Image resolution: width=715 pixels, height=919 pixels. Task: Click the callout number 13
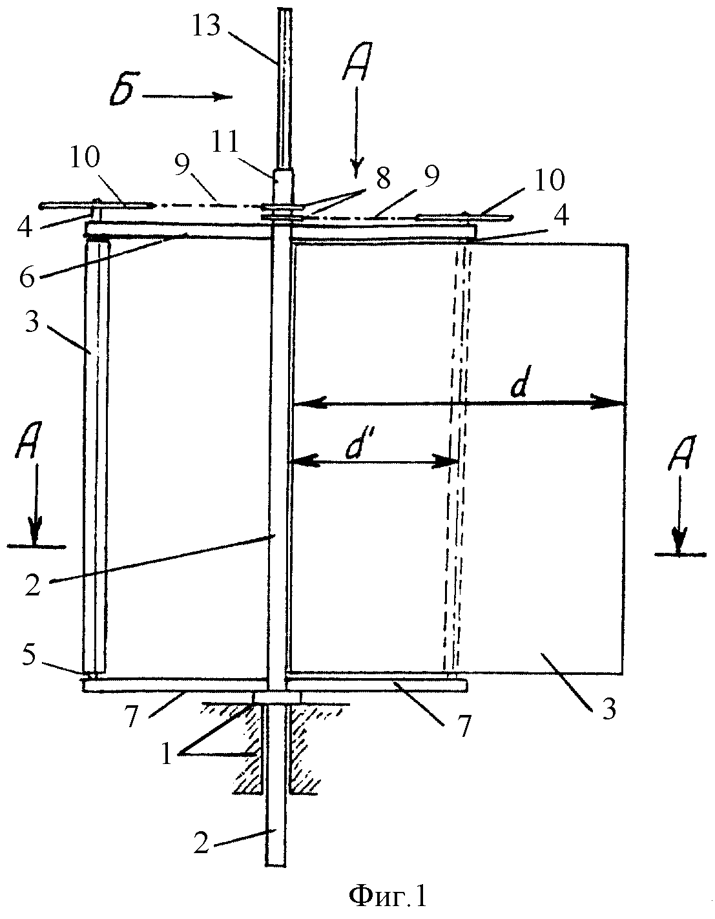coord(207,26)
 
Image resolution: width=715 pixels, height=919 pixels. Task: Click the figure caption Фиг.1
coord(388,895)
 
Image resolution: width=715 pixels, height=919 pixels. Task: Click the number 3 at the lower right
coord(608,707)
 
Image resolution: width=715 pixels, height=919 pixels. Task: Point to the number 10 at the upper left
coord(85,158)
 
